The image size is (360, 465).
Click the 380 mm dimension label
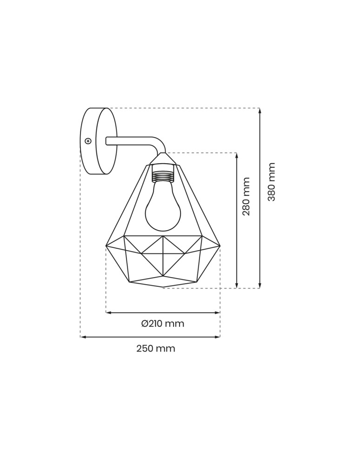272,182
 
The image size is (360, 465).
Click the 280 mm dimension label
247,196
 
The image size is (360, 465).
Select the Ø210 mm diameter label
163,324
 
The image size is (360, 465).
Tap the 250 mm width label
156,349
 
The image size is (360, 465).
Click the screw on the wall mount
88,141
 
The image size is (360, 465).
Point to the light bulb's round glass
163,212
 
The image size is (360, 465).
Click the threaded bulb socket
163,175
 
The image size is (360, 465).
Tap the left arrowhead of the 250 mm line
83,337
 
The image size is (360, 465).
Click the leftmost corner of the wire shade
106,246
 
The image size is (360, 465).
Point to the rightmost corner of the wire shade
220,246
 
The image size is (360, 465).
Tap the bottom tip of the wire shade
163,287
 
